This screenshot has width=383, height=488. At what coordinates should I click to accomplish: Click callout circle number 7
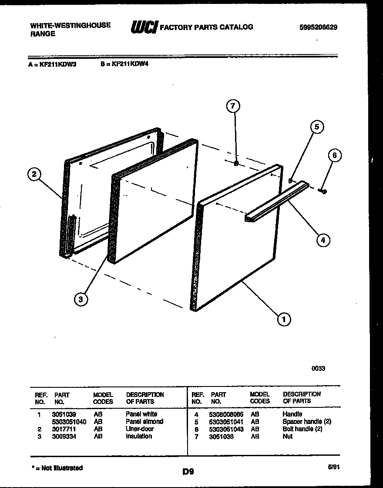(x=233, y=106)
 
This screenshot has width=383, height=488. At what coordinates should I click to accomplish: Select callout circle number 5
(x=317, y=127)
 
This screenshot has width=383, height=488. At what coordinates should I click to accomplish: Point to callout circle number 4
(x=323, y=239)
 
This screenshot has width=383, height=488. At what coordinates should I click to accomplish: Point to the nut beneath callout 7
(x=235, y=163)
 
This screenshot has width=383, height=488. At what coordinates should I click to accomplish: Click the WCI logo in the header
(x=144, y=27)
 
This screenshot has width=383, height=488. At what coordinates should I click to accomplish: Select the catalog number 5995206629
(x=318, y=27)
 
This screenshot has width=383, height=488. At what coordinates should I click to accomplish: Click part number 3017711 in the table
(x=64, y=429)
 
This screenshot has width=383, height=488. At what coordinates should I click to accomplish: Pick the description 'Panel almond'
(x=144, y=422)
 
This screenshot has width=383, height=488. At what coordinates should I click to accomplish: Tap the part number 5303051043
(x=226, y=429)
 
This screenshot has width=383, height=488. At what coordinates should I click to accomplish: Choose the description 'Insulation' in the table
(x=139, y=436)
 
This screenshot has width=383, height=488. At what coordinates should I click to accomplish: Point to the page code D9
(x=188, y=471)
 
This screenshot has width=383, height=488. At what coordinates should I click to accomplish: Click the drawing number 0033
(x=318, y=368)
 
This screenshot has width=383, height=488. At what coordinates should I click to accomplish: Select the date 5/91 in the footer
(x=334, y=466)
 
